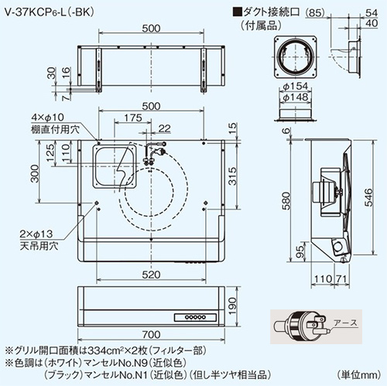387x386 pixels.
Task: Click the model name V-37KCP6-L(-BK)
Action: click(50, 12)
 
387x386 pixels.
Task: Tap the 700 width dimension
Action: click(151, 334)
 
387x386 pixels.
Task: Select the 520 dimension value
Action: click(151, 275)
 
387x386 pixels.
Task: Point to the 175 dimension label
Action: click(133, 118)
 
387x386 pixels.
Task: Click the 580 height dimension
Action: click(286, 200)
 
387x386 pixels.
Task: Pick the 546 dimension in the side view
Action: click(369, 197)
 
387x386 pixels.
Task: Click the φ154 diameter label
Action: click(296, 86)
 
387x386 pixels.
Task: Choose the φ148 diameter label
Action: click(296, 97)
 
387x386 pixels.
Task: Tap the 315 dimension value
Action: click(233, 176)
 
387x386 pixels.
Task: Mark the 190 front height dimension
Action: click(233, 306)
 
